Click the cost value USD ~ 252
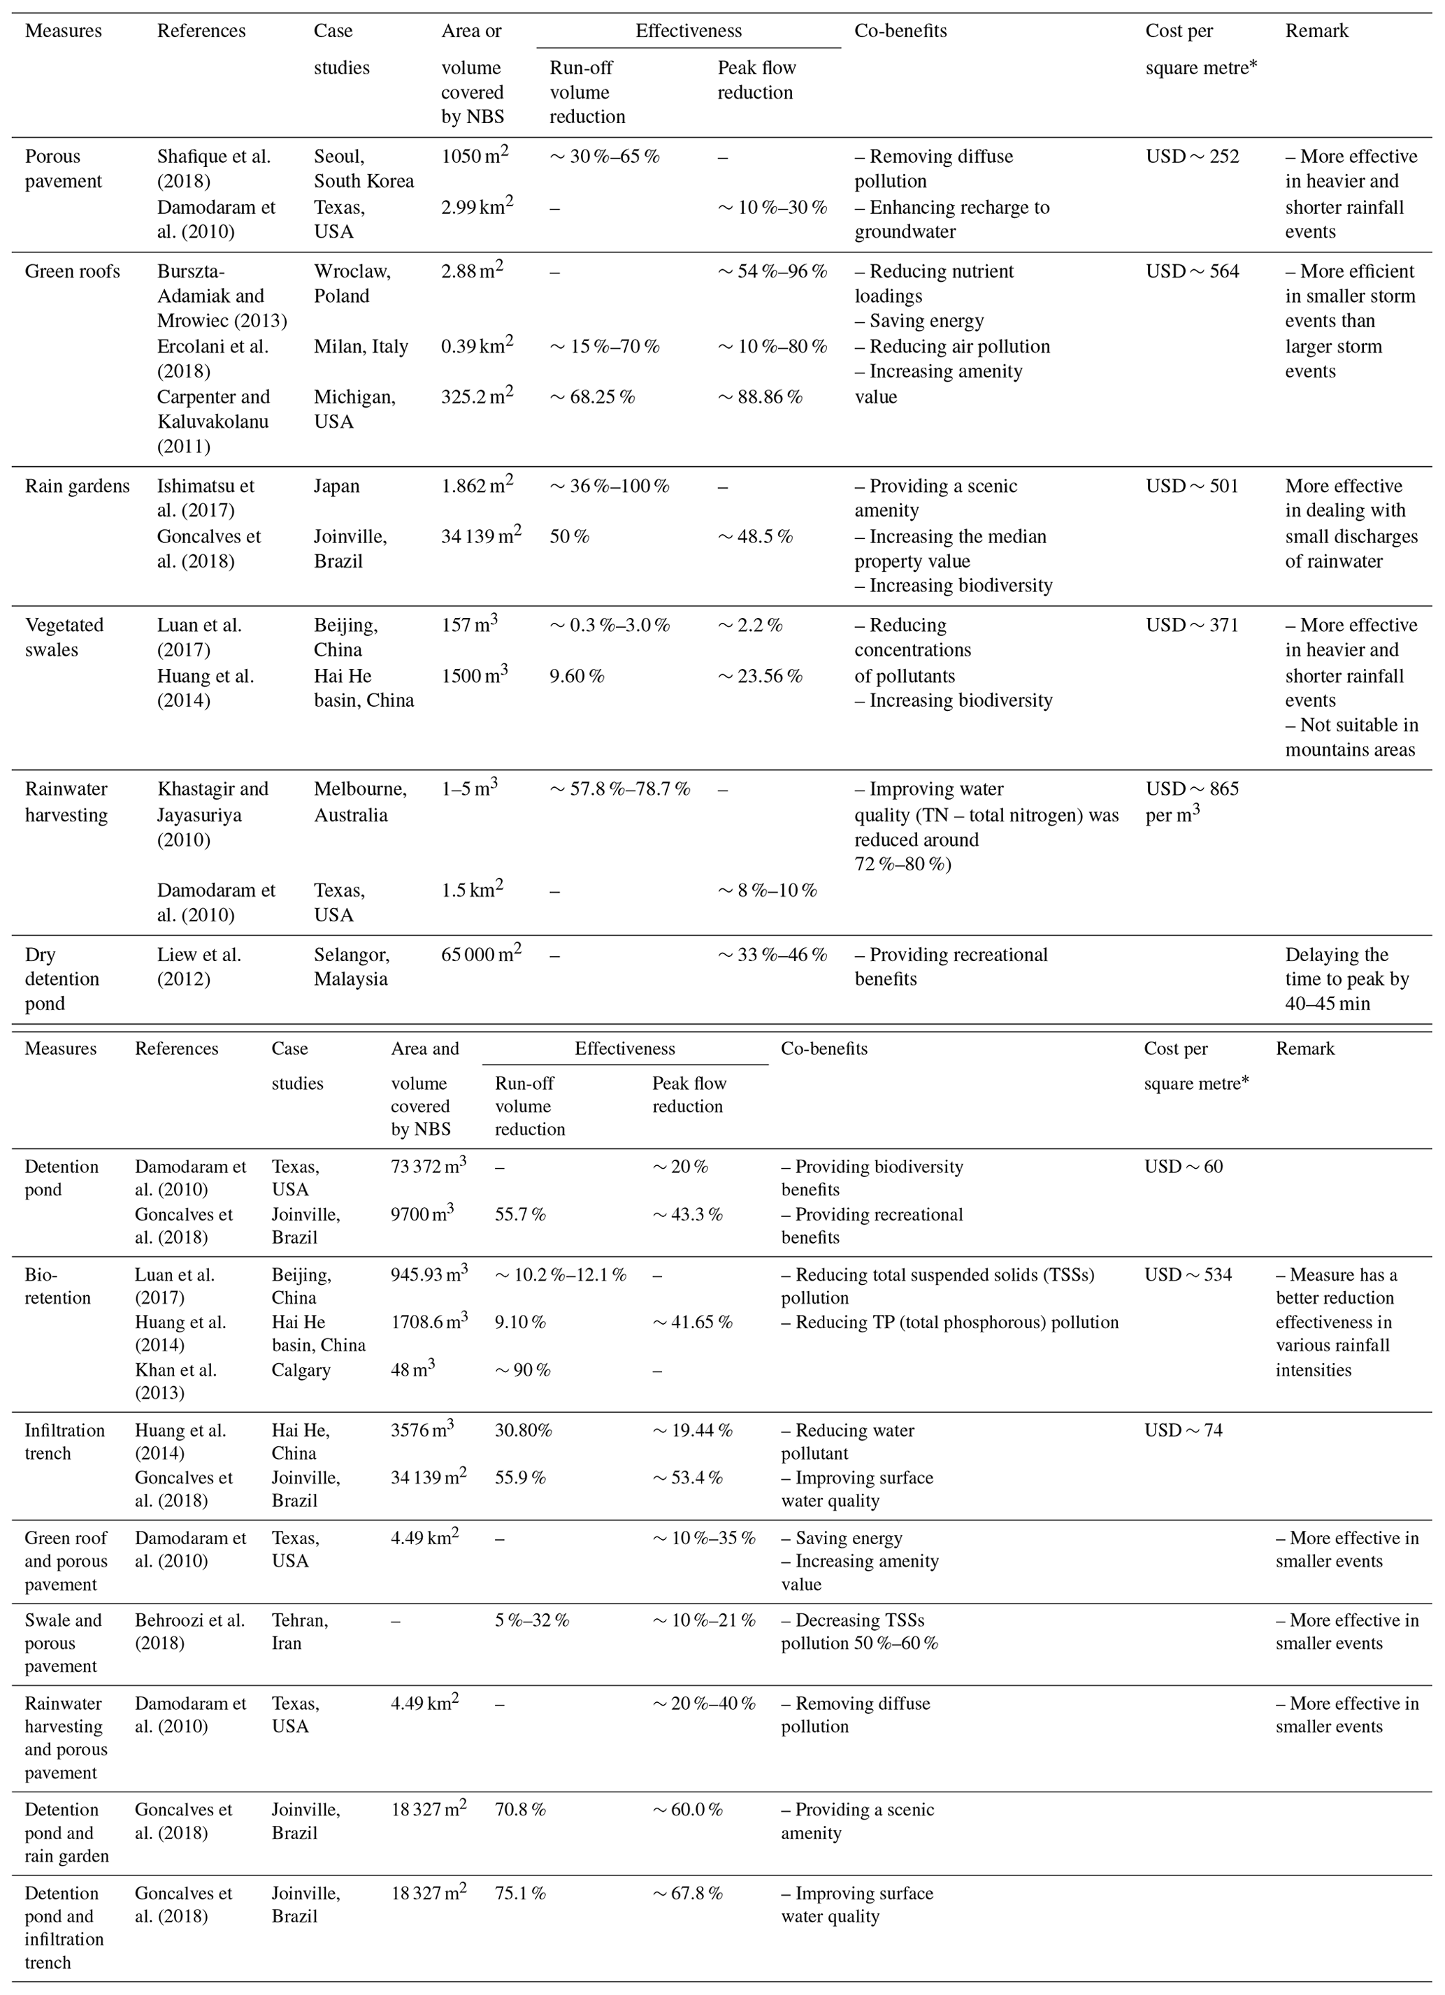coord(1192,157)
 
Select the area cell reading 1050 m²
coord(475,157)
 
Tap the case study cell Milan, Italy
coord(361,347)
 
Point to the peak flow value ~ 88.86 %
coord(759,397)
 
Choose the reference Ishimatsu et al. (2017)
coord(205,498)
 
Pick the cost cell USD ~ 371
coord(1192,626)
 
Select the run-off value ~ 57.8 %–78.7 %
coord(619,789)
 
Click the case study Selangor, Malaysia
coord(351,967)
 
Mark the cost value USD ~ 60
coord(1183,1167)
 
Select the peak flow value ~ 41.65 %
coord(691,1322)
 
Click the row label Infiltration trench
coord(64,1441)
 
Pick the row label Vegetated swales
coord(64,638)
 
